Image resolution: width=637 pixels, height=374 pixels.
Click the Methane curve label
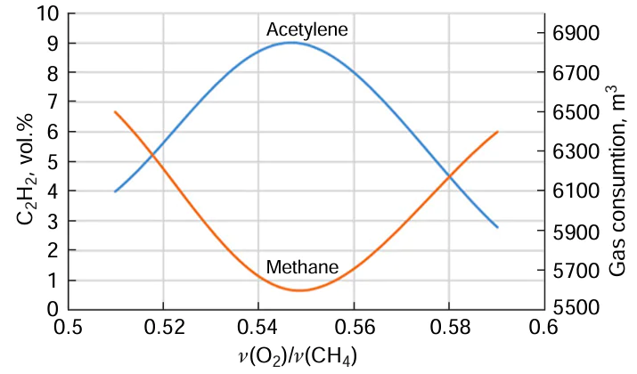coord(302,267)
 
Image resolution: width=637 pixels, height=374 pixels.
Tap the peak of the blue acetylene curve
coord(291,43)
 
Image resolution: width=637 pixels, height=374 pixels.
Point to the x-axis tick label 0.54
coord(258,327)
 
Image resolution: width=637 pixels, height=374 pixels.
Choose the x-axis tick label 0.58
coord(448,327)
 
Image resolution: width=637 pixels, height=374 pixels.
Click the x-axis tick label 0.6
coord(543,327)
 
